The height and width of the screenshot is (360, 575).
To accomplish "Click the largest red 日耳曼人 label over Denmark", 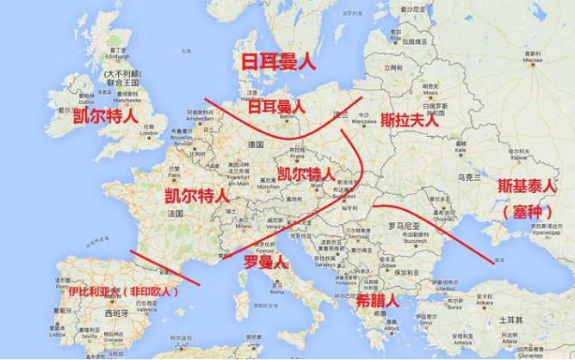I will coord(278,62).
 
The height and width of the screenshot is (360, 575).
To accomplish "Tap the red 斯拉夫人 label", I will coord(410,120).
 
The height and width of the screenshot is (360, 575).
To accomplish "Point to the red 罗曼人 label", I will coord(264,262).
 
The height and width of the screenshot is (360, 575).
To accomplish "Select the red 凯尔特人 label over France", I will coord(196,195).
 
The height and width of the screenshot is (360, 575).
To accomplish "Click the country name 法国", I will coord(176,213).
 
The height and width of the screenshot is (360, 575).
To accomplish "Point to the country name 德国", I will coord(255,145).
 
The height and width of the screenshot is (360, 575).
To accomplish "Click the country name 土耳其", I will coord(506,319).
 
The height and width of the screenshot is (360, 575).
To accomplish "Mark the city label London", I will coord(149,133).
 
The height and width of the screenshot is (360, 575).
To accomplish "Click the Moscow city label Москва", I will coord(534,61).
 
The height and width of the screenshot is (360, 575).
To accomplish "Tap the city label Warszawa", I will coord(365,121).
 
